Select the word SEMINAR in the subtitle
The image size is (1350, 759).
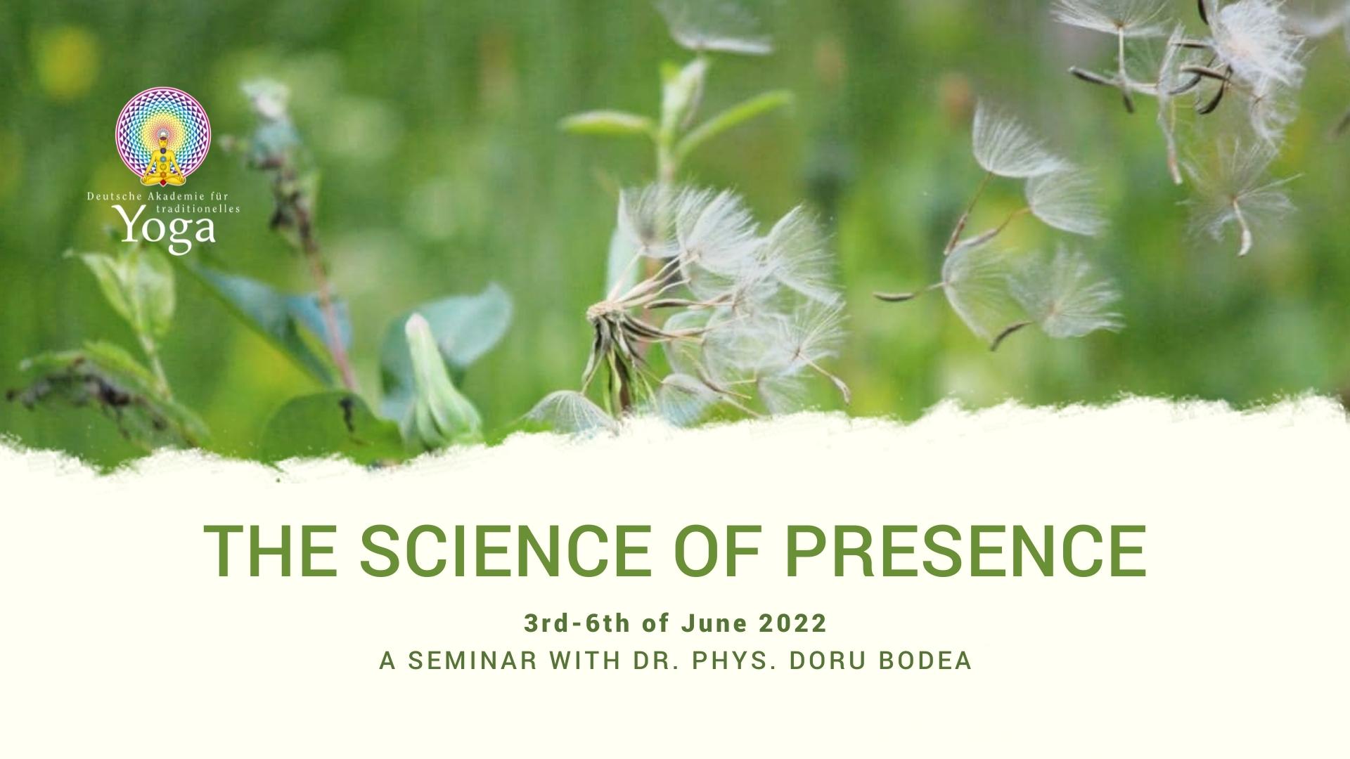tap(470, 661)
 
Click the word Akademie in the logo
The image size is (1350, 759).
tap(161, 197)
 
